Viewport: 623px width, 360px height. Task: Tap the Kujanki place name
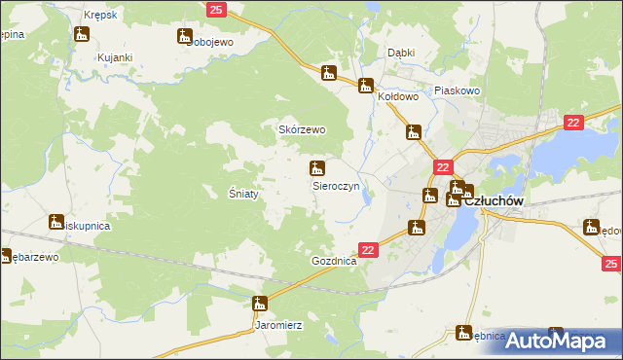(114, 57)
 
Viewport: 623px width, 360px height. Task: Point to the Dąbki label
(401, 53)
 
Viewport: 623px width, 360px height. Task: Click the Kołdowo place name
(397, 96)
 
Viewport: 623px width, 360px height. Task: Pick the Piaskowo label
(458, 90)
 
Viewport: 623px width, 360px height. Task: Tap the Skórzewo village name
(302, 129)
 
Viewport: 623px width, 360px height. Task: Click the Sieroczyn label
(336, 184)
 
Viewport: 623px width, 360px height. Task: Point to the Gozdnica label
(334, 262)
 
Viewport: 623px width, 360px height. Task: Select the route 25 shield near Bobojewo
(217, 9)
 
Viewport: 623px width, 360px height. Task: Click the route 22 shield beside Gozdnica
(367, 250)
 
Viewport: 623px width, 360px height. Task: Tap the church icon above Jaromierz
(259, 303)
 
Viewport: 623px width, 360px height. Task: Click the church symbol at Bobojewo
(184, 36)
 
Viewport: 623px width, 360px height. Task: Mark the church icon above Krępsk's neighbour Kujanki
(82, 34)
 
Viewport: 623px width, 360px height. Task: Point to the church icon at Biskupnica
(56, 221)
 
